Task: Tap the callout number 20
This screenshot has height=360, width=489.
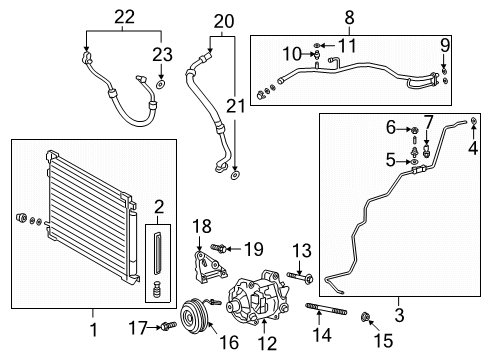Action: point(222,20)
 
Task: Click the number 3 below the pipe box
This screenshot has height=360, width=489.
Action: point(400,326)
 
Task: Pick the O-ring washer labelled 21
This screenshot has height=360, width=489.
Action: point(233,176)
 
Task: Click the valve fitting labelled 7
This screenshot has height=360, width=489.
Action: point(427,153)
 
